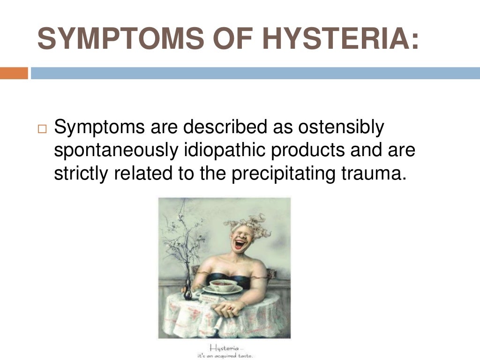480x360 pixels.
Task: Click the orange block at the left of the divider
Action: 14,73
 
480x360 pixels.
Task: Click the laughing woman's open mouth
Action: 240,244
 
